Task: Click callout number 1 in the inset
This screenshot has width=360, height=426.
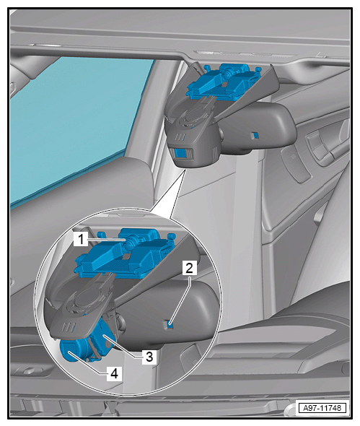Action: coord(81,239)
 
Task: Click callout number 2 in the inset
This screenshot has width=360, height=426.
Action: coord(189,268)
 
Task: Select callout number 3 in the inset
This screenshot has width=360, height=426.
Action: coord(149,357)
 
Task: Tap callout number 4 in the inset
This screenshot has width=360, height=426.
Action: coord(114,373)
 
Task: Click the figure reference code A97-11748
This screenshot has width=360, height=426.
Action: coord(322,408)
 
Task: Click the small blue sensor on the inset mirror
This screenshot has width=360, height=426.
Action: coord(170,323)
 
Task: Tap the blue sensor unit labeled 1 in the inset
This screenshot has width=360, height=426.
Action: coord(123,254)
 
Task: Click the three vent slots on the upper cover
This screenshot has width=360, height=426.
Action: coord(180,137)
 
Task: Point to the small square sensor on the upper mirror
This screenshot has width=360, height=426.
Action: coord(255,135)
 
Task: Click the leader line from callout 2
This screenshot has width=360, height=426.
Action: coord(181,299)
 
